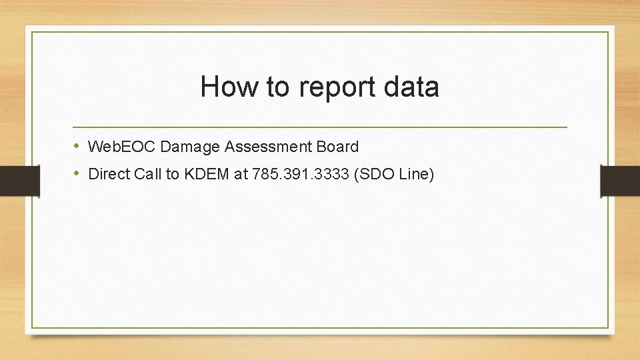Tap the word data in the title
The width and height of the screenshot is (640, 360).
(411, 87)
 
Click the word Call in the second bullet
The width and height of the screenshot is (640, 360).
(148, 174)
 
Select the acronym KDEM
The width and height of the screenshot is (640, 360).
(206, 174)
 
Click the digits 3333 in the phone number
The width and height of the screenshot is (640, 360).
(333, 174)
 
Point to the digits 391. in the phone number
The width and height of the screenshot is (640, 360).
(298, 174)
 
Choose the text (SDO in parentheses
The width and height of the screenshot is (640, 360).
(376, 174)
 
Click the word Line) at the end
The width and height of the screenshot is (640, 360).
(418, 174)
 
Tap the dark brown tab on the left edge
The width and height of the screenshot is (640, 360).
(20, 181)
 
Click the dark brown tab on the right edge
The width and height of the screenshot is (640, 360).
(620, 181)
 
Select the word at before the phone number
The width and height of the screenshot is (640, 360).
(241, 174)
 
